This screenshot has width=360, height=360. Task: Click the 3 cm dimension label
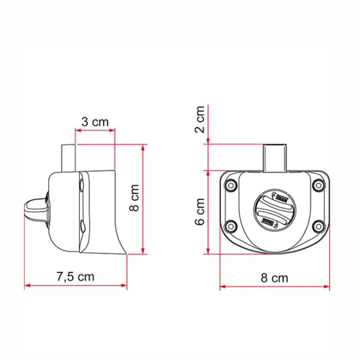tap(95, 122)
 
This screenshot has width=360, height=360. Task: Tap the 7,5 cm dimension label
tap(75, 276)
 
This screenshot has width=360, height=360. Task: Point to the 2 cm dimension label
tap(200, 120)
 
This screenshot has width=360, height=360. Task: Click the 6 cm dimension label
tap(200, 212)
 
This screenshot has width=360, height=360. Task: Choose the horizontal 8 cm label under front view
tap(274, 278)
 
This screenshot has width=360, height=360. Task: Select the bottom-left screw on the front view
tap(231, 226)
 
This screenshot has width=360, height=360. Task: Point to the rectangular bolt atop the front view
tap(275, 157)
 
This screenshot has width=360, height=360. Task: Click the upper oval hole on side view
tap(81, 185)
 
